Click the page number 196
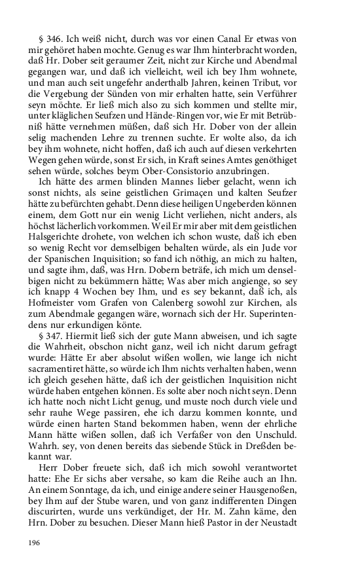tap(33, 543)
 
